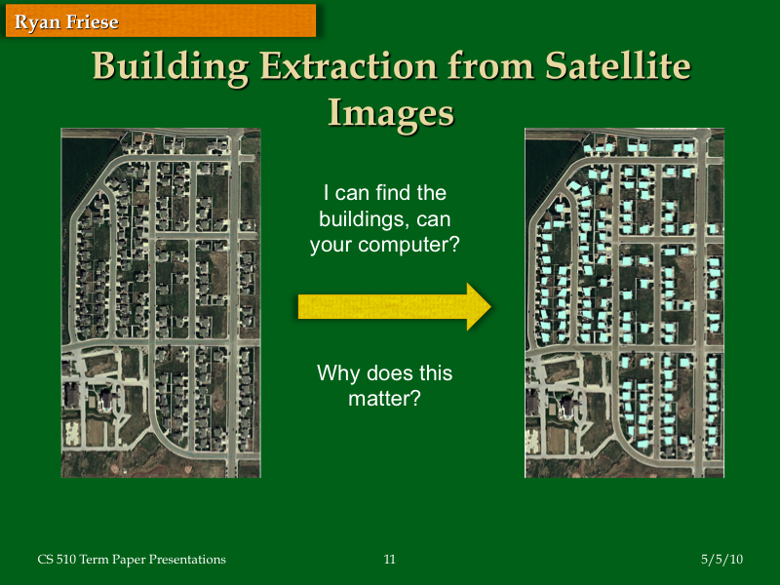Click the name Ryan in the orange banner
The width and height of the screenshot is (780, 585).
(37, 22)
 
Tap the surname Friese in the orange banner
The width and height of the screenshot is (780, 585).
(92, 22)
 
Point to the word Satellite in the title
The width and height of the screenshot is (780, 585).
(618, 67)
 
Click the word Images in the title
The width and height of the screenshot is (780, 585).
(391, 112)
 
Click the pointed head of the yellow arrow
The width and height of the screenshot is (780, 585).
(478, 307)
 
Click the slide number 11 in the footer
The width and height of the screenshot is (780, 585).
(390, 560)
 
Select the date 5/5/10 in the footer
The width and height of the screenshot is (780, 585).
(721, 560)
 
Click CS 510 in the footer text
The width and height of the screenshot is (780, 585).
(58, 560)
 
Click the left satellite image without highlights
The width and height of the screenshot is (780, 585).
(161, 302)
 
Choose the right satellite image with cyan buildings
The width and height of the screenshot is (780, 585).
(624, 302)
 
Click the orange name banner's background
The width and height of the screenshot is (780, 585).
(234, 20)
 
